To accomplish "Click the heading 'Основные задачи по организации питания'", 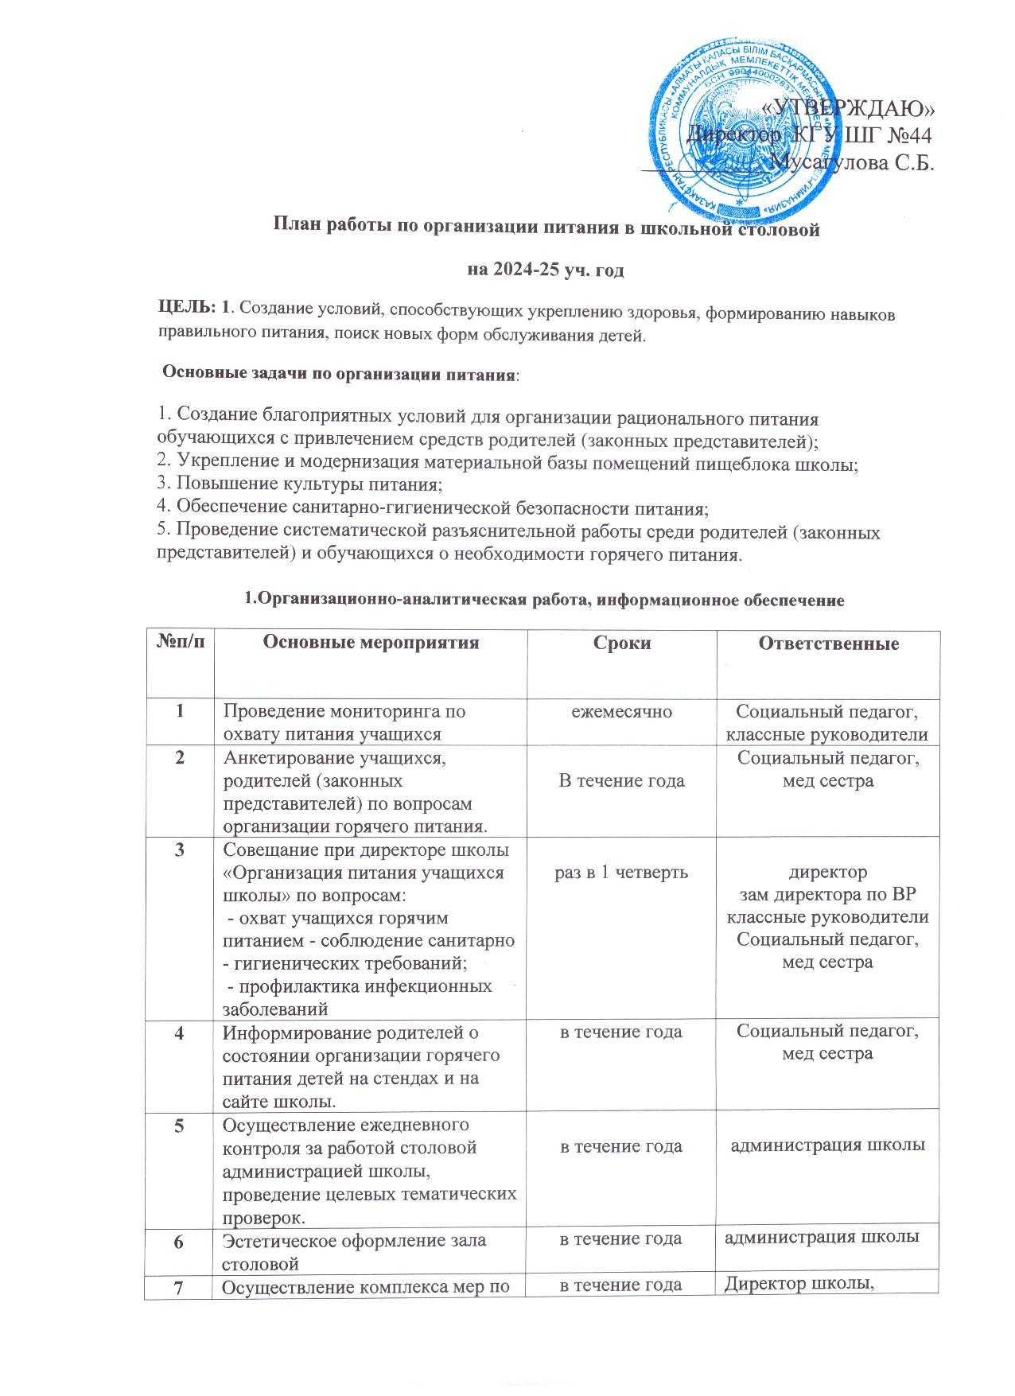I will click(x=339, y=373).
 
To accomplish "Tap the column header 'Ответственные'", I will click(x=828, y=644).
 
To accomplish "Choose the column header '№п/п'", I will click(x=179, y=643).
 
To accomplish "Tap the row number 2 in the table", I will click(x=179, y=758).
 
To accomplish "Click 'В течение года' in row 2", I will click(x=621, y=781).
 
